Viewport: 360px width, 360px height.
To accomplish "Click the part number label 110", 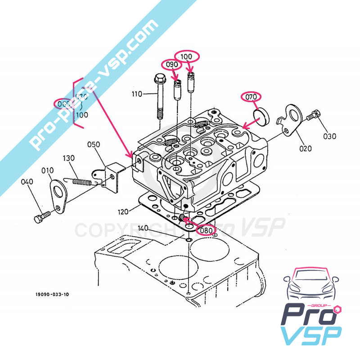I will [137, 94].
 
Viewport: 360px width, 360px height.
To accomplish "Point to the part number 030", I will [329, 136].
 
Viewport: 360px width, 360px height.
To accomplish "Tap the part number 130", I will [68, 158].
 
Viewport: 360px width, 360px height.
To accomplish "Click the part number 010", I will [48, 171].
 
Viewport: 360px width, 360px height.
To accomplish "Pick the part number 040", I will [27, 182].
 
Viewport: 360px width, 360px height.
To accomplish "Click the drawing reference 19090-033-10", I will [53, 295].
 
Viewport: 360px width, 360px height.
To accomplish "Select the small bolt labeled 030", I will [313, 117].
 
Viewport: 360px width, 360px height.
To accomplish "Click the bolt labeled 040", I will [40, 219].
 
